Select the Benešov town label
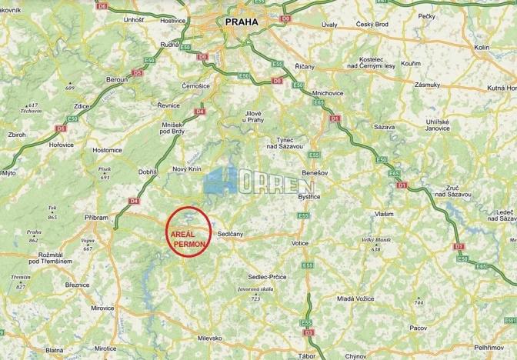(x=315, y=174)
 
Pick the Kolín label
(x=482, y=47)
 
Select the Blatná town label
(x=54, y=350)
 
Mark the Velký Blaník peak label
(x=375, y=242)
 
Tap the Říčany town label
(x=304, y=66)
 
